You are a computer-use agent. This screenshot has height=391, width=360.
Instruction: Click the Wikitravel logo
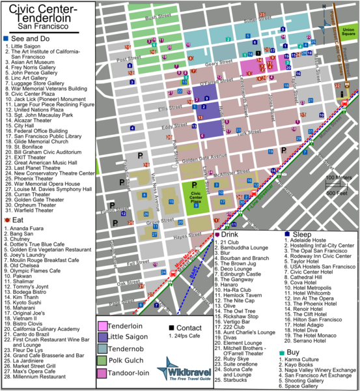187,368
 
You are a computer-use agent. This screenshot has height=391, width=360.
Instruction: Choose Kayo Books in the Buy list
305,364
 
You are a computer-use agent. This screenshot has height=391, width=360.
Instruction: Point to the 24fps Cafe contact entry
185,337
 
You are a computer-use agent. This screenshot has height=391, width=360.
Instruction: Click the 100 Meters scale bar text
338,177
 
